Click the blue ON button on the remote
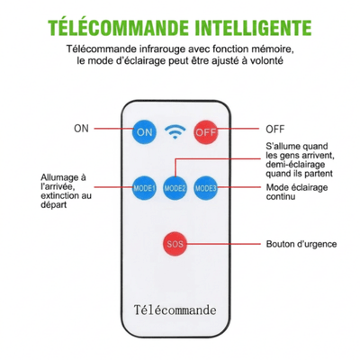coord(144,131)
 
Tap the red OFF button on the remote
coord(205,132)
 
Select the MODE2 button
coord(175,188)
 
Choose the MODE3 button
coord(205,188)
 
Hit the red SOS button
coord(175,244)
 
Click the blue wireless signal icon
coord(175,132)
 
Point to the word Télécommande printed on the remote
coord(175,310)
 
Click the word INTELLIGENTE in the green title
coord(254,27)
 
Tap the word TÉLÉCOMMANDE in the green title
coord(119,27)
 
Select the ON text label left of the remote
coord(81,129)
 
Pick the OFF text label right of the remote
coord(274,129)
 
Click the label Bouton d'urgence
coord(301,244)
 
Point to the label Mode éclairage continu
coord(297,192)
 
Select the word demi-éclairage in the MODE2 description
coord(295,165)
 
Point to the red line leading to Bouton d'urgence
coord(223,244)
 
